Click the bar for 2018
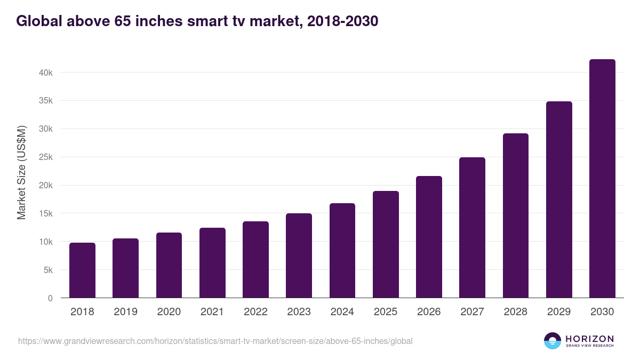[82, 270]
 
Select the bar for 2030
[602, 179]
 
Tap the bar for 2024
[342, 251]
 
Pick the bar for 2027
[472, 228]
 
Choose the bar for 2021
[212, 263]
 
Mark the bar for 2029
[559, 199]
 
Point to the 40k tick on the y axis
[46, 73]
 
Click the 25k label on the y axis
[46, 157]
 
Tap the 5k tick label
[47, 270]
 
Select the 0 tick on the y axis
[50, 298]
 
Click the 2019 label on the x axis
[125, 312]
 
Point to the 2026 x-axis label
[429, 312]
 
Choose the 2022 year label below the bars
[255, 312]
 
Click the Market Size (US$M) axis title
[22, 172]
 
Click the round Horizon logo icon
[553, 341]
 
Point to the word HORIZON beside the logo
[589, 339]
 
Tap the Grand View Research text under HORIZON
[589, 346]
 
